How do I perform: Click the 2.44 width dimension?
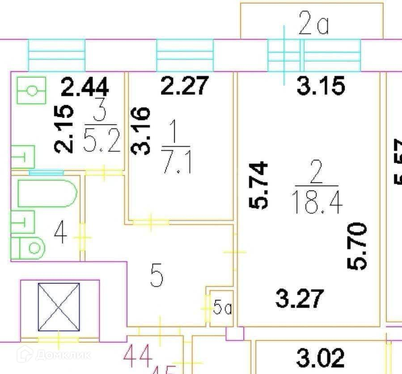[85, 86]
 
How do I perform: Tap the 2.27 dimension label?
[185, 85]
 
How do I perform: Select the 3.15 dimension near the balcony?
[321, 86]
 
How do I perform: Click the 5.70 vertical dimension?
[357, 246]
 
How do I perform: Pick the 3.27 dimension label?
[299, 299]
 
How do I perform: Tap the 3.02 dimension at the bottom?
[321, 358]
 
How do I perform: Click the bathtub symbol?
[47, 193]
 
